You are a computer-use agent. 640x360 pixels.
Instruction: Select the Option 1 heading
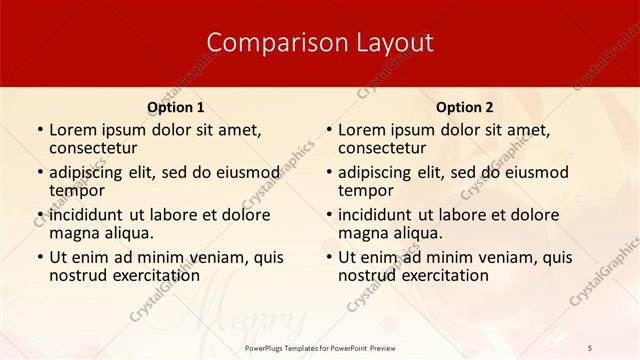(x=176, y=107)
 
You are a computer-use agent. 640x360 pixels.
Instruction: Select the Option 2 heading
(x=465, y=107)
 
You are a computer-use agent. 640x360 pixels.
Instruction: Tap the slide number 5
(x=591, y=347)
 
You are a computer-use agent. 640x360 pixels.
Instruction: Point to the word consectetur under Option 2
(x=381, y=148)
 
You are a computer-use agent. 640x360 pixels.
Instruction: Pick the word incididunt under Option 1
(x=87, y=214)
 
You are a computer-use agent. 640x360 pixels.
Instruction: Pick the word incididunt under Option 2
(x=376, y=214)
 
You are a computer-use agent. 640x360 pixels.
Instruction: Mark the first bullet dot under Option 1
(x=40, y=131)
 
